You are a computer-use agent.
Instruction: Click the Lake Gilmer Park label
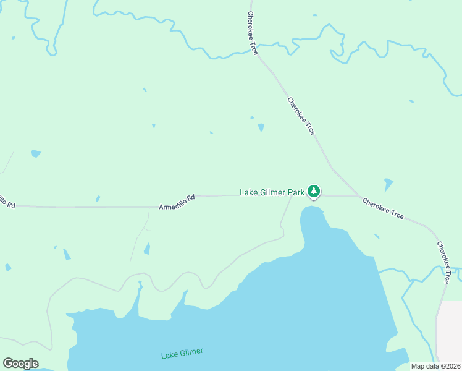tap(272, 193)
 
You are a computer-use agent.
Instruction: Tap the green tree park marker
tap(314, 191)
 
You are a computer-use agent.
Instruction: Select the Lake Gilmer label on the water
tap(182, 354)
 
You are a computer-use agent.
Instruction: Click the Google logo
tap(20, 364)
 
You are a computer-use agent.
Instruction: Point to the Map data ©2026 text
tap(436, 366)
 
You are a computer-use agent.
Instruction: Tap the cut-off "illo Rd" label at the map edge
tap(7, 201)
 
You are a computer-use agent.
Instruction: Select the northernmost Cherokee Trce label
tap(252, 33)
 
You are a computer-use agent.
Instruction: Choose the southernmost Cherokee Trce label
tap(443, 263)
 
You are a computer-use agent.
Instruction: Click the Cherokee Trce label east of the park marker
tap(383, 208)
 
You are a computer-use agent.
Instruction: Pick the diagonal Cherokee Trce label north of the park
tap(301, 116)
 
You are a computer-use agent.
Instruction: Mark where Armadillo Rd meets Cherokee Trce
tap(360, 195)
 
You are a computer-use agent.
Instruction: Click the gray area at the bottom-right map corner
tap(449, 331)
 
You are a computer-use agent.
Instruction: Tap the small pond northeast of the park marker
tap(388, 184)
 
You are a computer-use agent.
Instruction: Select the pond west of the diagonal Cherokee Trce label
tap(261, 127)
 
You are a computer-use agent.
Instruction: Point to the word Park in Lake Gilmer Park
tap(295, 193)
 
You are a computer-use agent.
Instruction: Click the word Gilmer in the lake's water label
tap(191, 352)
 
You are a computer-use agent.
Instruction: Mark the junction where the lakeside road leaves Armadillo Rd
tap(291, 195)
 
